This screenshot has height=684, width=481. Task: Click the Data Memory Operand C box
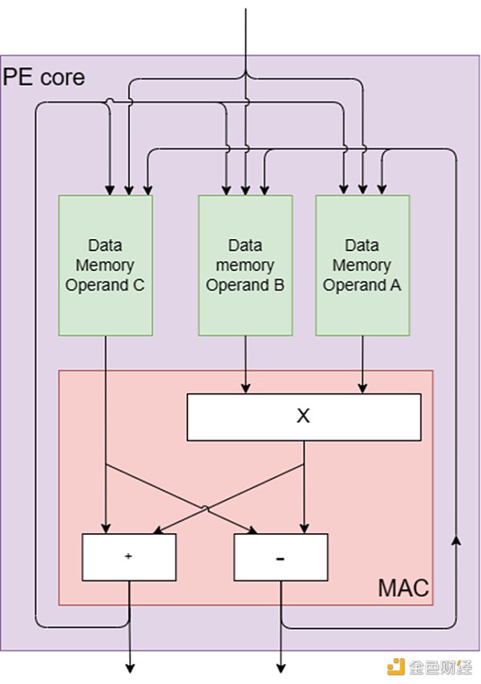coord(105,265)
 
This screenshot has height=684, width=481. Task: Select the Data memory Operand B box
coord(245,265)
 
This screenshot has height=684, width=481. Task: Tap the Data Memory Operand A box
coord(362,265)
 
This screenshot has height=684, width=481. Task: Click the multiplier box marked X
coord(303,416)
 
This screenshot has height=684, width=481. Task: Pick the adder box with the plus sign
coord(129,557)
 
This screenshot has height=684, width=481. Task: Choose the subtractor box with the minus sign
coord(281,557)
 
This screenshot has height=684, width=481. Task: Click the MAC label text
coord(403,589)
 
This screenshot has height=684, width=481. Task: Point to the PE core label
coord(44,78)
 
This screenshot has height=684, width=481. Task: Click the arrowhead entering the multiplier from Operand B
coord(245,389)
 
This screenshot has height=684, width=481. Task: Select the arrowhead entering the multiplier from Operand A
coord(362,389)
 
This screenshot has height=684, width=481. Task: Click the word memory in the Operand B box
coord(245,265)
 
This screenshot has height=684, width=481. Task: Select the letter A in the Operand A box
coord(395,285)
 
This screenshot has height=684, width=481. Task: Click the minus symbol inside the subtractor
coord(281,558)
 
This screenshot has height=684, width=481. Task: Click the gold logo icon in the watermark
coord(394,666)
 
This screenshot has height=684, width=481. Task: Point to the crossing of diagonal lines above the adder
coord(205,508)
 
